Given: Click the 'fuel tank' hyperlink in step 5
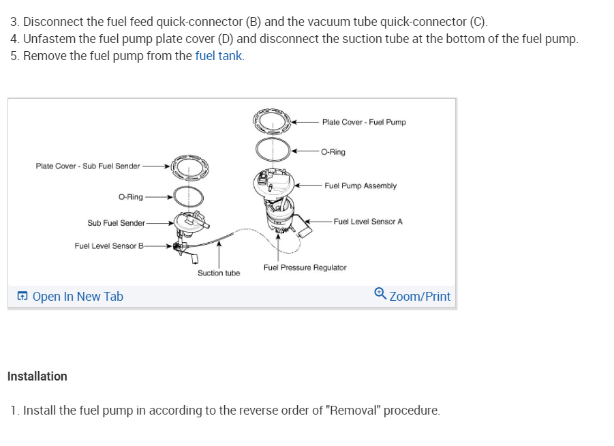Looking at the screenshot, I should (218, 56).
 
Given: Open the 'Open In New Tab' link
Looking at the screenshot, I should (78, 297).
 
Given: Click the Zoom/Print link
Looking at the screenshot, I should (420, 297).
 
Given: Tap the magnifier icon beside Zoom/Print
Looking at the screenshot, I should (380, 294).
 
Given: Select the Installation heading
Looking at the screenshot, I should (37, 376).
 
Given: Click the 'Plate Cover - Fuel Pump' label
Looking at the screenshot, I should (364, 122).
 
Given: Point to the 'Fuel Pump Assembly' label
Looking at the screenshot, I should (360, 185).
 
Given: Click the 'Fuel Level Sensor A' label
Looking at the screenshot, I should (368, 222).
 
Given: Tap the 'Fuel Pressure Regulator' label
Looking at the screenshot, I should (305, 268).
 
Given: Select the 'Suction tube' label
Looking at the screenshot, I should (219, 273).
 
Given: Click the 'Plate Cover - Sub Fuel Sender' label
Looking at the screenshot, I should (87, 166).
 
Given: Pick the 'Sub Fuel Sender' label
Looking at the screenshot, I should (116, 223).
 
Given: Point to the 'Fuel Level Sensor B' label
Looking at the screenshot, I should (109, 246).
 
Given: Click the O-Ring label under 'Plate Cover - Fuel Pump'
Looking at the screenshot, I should (333, 152).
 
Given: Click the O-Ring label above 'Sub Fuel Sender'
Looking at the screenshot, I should (130, 197).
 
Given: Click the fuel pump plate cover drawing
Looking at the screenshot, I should (272, 121).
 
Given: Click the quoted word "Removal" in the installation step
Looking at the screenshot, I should (354, 411).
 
